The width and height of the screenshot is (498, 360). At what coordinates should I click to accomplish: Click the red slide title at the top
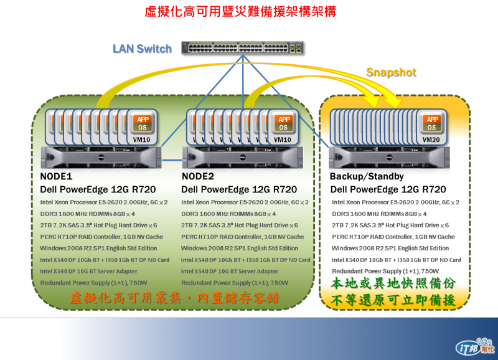(x=249, y=12)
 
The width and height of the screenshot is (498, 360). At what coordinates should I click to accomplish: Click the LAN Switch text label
(x=142, y=49)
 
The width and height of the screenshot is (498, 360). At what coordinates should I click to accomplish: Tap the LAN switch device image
(x=243, y=49)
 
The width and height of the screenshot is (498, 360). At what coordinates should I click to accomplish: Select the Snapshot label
(x=391, y=72)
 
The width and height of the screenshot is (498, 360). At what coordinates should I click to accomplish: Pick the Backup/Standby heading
(x=367, y=177)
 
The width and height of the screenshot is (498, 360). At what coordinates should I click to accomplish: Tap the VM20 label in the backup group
(x=431, y=140)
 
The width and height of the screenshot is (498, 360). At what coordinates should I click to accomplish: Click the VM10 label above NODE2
(x=284, y=140)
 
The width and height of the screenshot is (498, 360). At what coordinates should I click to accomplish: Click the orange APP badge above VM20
(x=432, y=120)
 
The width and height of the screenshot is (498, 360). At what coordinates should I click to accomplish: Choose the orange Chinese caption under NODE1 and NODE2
(x=174, y=299)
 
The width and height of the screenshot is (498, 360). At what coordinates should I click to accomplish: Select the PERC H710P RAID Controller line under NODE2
(x=243, y=237)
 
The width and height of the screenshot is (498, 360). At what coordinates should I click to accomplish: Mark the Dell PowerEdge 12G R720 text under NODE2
(x=239, y=189)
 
